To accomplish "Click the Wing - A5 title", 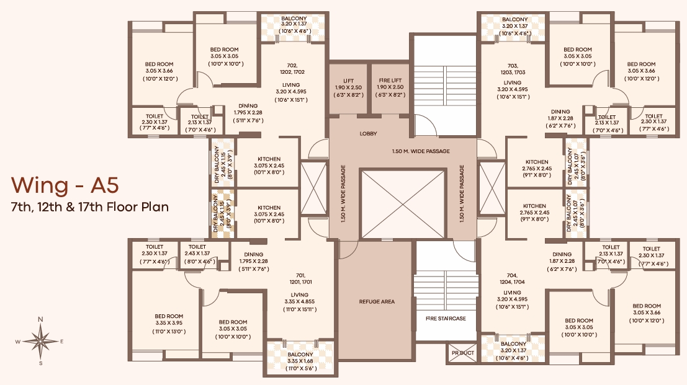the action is pyautogui.click(x=65, y=185).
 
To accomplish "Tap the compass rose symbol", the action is pyautogui.click(x=40, y=341).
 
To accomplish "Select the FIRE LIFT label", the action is pyautogui.click(x=390, y=81).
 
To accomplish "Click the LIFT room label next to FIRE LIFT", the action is pyautogui.click(x=348, y=81).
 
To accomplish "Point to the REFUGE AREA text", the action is pyautogui.click(x=377, y=301).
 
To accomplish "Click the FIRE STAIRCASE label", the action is pyautogui.click(x=446, y=319).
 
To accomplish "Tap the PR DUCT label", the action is pyautogui.click(x=463, y=353).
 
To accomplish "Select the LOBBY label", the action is pyautogui.click(x=368, y=133).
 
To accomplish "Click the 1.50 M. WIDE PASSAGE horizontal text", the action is pyautogui.click(x=421, y=151).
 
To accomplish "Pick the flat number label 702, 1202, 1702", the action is pyautogui.click(x=293, y=69).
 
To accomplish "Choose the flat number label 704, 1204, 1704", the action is pyautogui.click(x=512, y=279).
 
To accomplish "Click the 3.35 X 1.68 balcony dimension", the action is pyautogui.click(x=300, y=361).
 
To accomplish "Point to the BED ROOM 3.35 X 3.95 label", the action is pyautogui.click(x=169, y=319).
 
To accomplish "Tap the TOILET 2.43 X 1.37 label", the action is pyautogui.click(x=197, y=250).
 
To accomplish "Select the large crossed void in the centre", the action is pyautogui.click(x=403, y=205).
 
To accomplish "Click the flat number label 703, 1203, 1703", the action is pyautogui.click(x=513, y=69).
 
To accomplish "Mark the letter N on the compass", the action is pyautogui.click(x=40, y=319).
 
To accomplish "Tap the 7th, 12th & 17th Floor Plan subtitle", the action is pyautogui.click(x=90, y=206).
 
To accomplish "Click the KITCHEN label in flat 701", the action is pyautogui.click(x=269, y=208).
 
